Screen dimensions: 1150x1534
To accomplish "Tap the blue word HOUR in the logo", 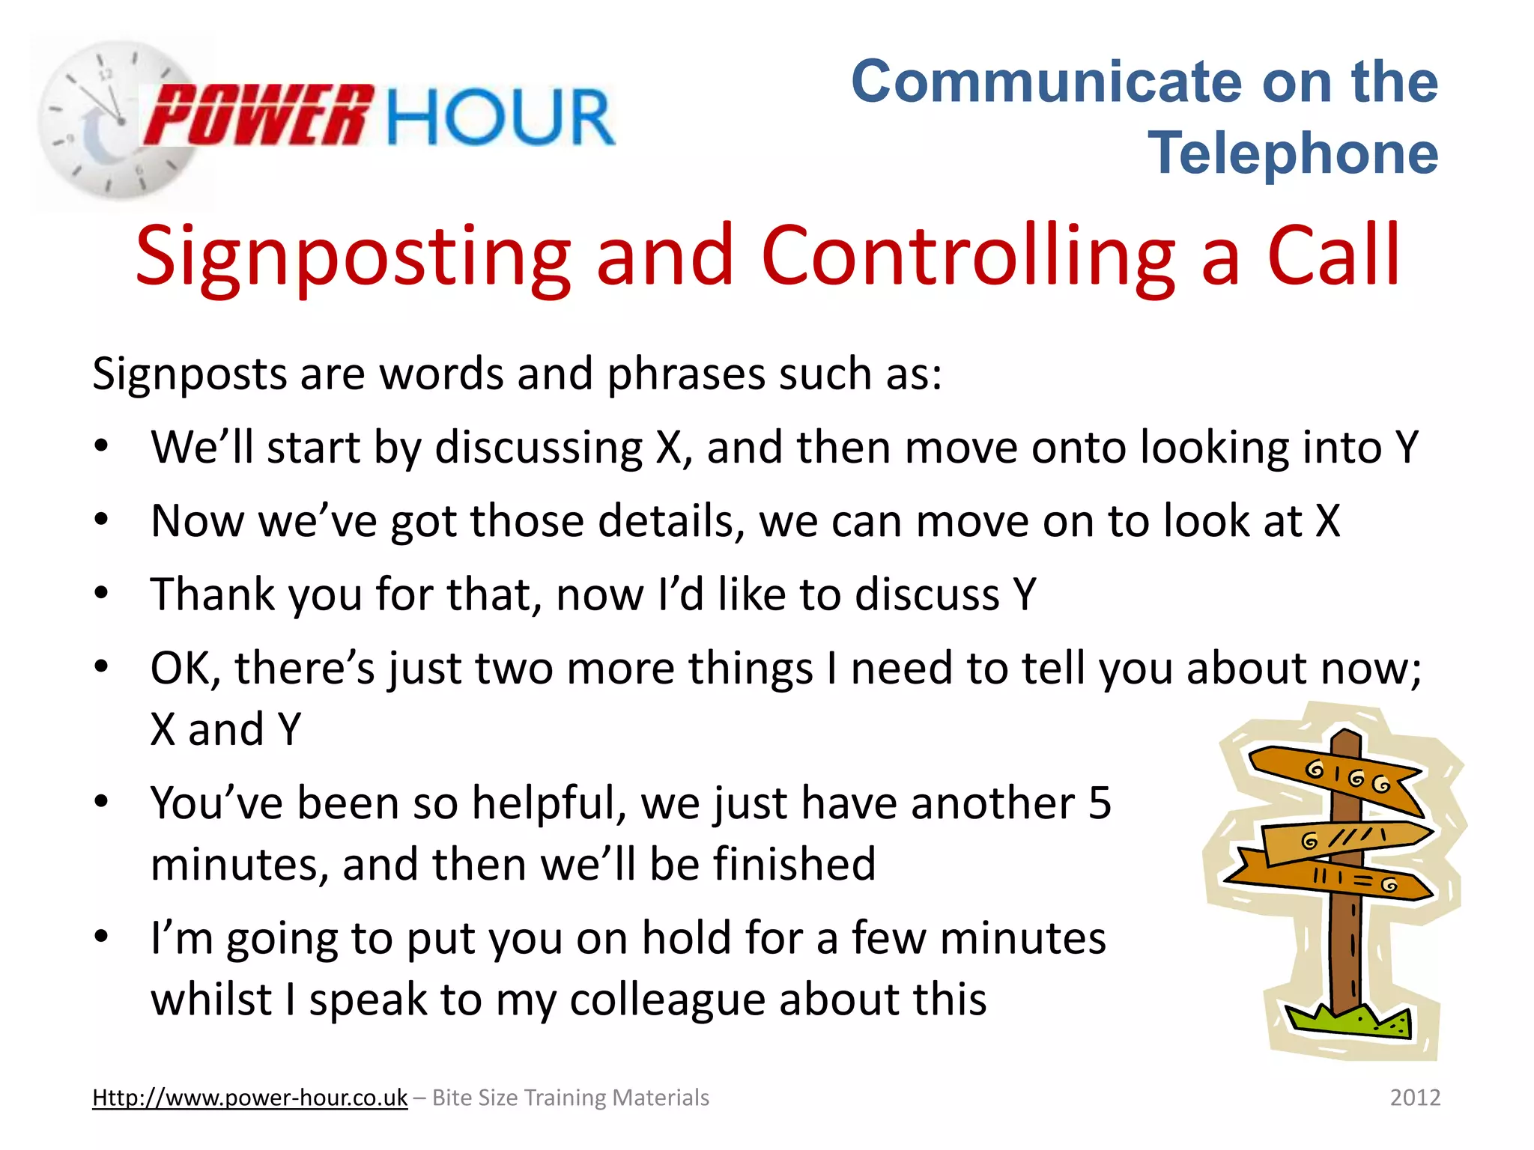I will [500, 117].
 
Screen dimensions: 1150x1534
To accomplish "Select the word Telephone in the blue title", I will [1293, 153].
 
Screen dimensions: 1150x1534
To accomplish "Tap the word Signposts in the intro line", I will [189, 374].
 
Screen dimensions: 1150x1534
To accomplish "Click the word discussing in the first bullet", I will [539, 448].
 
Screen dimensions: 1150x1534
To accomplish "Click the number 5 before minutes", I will [1100, 803].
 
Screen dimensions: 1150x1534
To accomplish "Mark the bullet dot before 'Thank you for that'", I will [102, 594].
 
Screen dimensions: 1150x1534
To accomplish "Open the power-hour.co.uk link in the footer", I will [249, 1098].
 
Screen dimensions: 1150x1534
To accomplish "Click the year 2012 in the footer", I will [1415, 1098].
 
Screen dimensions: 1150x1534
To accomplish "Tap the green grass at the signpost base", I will [1348, 1023].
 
